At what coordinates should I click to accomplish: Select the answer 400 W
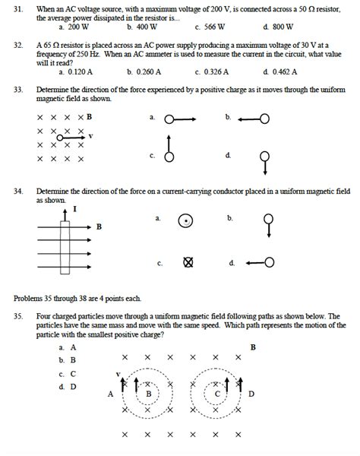click(x=141, y=25)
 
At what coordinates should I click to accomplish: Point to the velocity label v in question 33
click(x=91, y=136)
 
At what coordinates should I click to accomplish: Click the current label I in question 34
click(x=74, y=207)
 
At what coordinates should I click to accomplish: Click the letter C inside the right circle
click(x=217, y=394)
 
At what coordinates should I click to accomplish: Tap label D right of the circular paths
click(x=251, y=394)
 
